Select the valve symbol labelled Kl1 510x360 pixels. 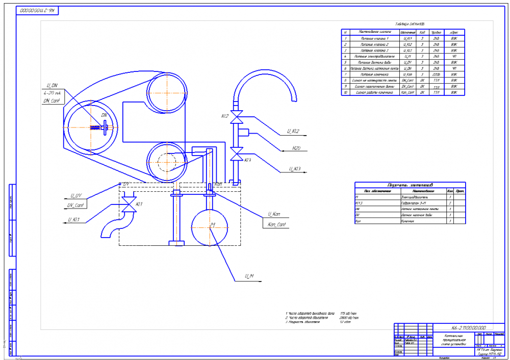[x=127, y=204]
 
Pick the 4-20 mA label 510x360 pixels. [x=53, y=93]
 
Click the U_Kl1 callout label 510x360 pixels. [x=73, y=220]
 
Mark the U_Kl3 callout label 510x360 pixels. [x=295, y=168]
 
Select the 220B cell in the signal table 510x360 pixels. [x=436, y=74]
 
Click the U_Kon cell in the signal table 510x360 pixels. [x=407, y=74]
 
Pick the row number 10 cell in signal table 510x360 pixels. [x=345, y=93]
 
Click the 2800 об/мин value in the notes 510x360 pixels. [x=346, y=317]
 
